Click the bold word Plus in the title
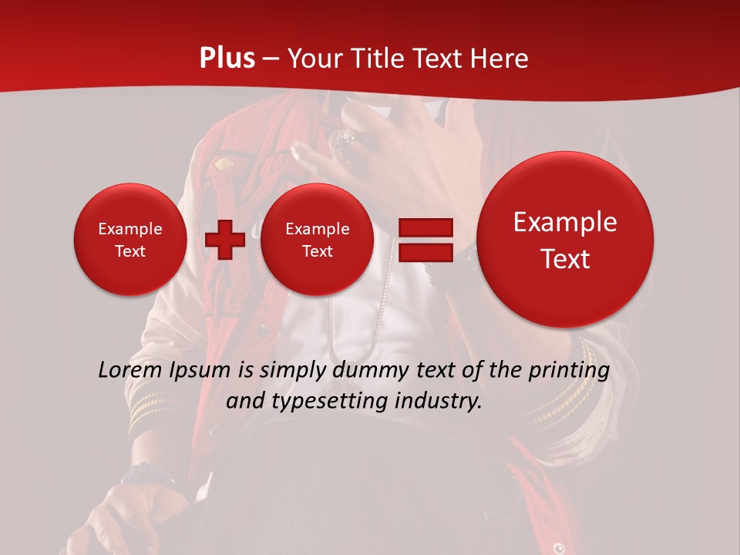pos(227,59)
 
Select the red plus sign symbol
pos(224,240)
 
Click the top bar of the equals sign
pos(425,227)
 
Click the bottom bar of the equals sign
pos(425,252)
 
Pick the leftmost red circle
pos(129,240)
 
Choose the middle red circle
pos(317,240)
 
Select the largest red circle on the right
pos(565,240)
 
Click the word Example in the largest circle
pos(565,222)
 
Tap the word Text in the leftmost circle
pos(129,251)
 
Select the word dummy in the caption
pos(374,370)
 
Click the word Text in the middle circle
pos(317,251)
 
